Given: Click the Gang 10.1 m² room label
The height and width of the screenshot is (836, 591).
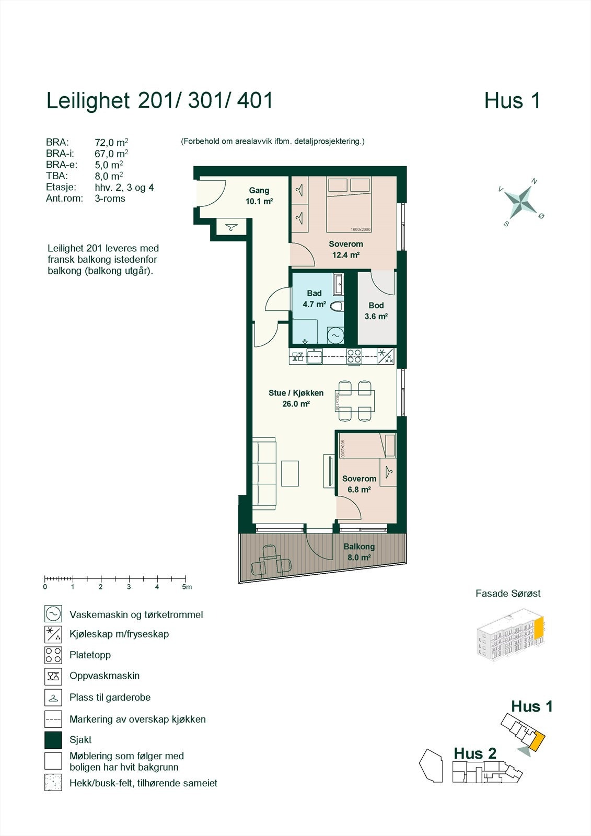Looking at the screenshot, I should click(x=259, y=196).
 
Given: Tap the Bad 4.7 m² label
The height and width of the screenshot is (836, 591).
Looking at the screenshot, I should click(x=314, y=299).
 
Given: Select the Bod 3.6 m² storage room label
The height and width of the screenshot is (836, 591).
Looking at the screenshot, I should click(x=376, y=311).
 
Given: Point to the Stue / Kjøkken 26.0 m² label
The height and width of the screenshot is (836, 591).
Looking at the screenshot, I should click(x=296, y=398).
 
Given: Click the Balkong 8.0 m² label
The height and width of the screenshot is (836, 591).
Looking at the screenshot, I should click(x=359, y=552).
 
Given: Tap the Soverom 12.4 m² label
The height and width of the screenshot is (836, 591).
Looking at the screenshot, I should click(x=345, y=250).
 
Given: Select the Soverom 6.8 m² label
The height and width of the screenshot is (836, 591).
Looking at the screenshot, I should click(x=359, y=484).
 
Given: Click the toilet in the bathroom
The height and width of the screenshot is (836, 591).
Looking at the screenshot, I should click(x=337, y=306).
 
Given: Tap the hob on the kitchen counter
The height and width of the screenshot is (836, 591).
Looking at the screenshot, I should click(x=354, y=356).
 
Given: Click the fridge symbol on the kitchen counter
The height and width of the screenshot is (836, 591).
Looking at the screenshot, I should click(x=386, y=356).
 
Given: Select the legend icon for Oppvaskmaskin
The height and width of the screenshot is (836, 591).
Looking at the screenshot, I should click(x=53, y=676).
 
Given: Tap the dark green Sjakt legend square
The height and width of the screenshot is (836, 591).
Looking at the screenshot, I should click(x=53, y=740).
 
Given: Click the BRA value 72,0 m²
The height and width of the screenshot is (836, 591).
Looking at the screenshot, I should click(x=111, y=142).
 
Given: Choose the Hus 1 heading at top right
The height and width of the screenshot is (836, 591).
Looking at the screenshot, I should click(x=512, y=101).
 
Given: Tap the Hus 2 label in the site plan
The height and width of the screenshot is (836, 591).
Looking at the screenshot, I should click(x=474, y=753).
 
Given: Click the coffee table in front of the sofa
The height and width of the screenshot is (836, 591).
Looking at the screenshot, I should click(x=290, y=473).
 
